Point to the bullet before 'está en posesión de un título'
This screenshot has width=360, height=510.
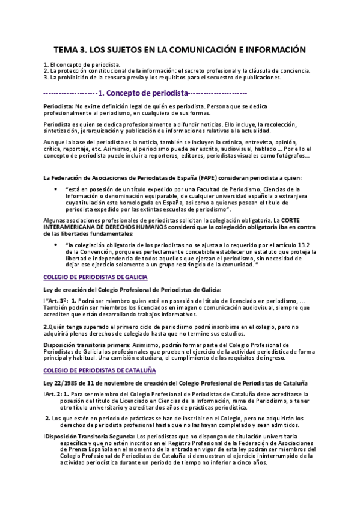coord(55,189)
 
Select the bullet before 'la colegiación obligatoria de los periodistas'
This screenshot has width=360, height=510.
coord(55,245)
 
